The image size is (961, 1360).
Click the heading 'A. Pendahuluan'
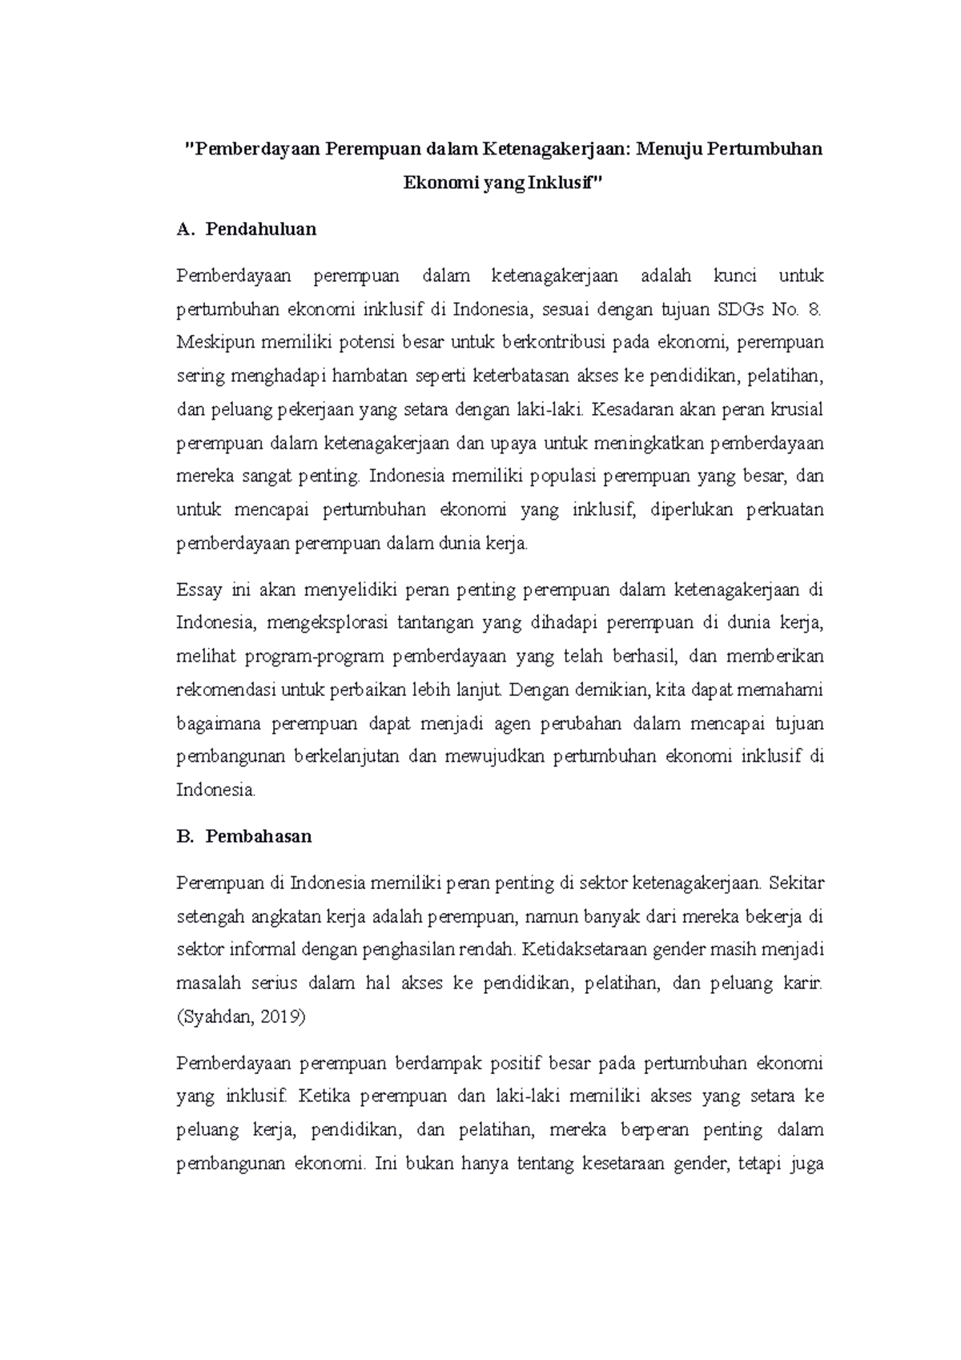[247, 229]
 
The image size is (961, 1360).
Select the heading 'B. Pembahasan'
[244, 836]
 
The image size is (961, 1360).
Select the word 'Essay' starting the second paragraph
[199, 590]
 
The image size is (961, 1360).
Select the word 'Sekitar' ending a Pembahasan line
[796, 883]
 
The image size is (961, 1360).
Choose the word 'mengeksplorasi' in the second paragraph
[321, 623]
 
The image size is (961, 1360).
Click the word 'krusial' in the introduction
[796, 409]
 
